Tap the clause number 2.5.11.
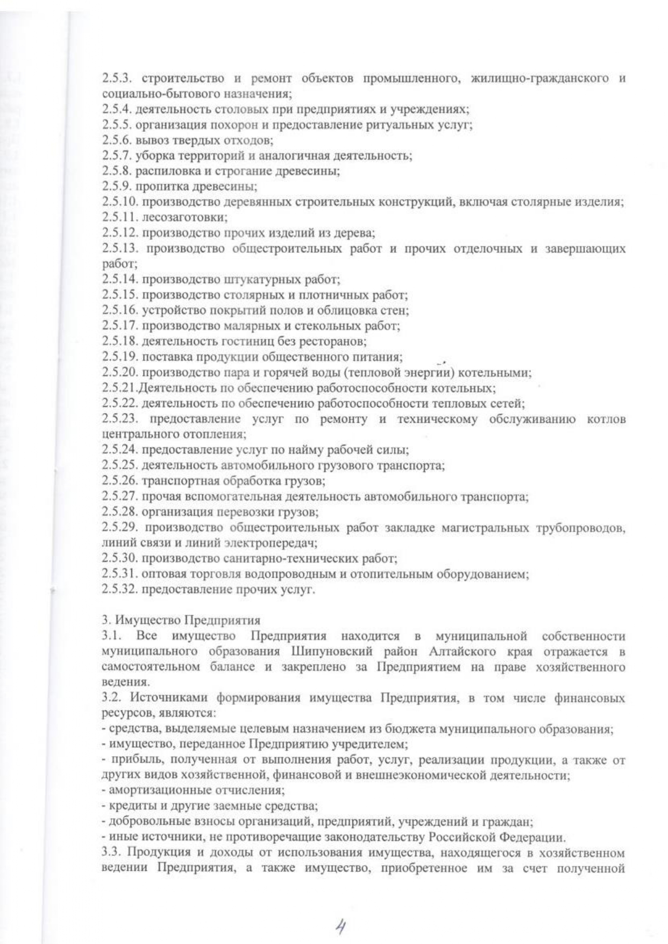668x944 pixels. pyautogui.click(x=120, y=218)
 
